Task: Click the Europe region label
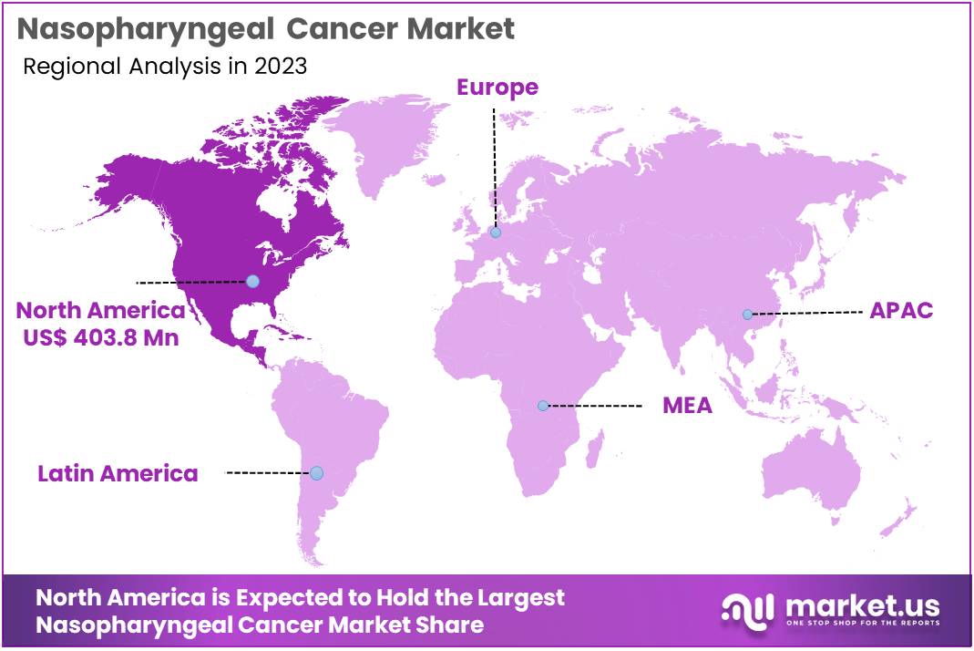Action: [497, 88]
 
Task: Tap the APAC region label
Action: [900, 310]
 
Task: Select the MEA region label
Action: [687, 406]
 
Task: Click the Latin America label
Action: [118, 473]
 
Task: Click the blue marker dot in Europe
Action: [495, 232]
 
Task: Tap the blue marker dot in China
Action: [747, 315]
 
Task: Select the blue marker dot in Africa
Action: [543, 406]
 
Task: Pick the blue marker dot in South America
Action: [316, 473]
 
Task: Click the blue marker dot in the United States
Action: [252, 281]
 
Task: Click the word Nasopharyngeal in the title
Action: [147, 29]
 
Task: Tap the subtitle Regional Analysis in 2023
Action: [164, 66]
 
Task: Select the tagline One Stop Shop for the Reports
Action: [861, 625]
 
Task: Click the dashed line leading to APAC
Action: [806, 313]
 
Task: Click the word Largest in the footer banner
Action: [519, 598]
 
